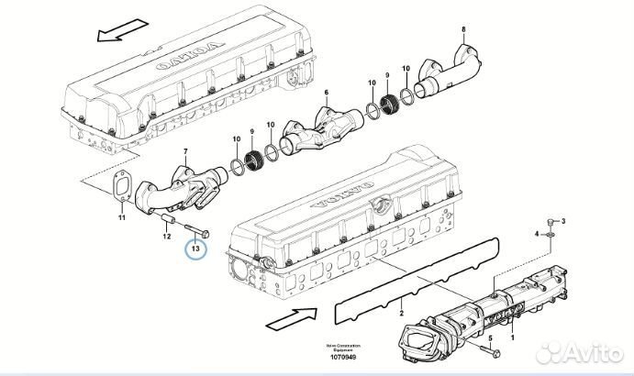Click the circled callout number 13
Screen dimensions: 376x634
tap(195, 247)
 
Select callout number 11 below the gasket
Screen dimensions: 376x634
tap(121, 217)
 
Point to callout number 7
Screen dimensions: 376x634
tap(186, 150)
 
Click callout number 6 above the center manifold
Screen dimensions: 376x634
tap(325, 94)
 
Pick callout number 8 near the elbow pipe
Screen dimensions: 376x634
tap(463, 31)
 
